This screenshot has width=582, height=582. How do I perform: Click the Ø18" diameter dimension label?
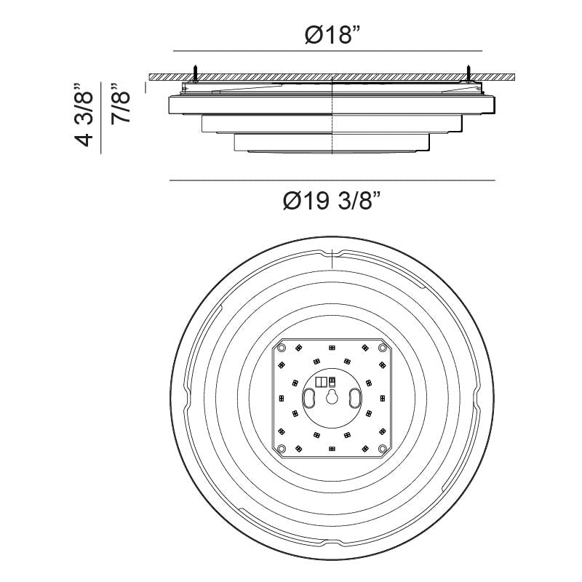point(332,35)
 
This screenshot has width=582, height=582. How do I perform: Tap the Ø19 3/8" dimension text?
point(332,201)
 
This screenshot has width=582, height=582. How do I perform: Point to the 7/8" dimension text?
point(121,103)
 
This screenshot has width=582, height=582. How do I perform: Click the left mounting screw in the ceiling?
point(195,73)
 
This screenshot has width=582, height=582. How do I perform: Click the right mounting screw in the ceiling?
point(469,73)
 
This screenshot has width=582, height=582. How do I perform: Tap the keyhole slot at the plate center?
point(332,397)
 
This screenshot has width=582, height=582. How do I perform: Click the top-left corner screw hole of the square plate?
point(282,348)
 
